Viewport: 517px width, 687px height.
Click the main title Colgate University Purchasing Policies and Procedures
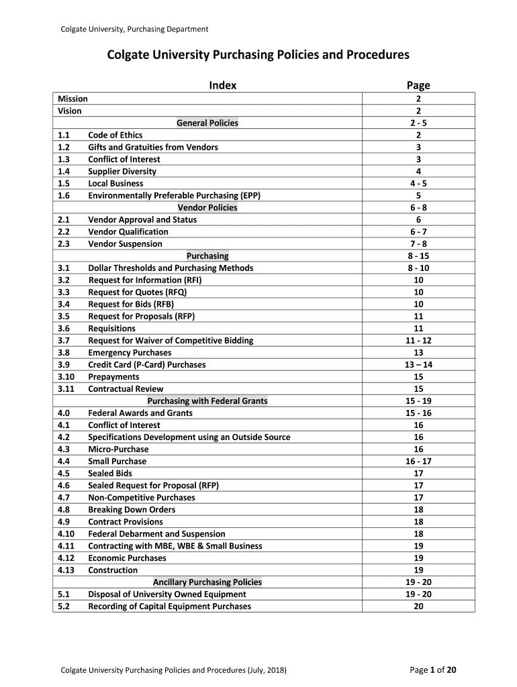tap(258, 55)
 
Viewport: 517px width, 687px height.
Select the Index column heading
tap(222, 85)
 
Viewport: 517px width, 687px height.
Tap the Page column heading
tap(418, 85)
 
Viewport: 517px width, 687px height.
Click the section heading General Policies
tap(207, 123)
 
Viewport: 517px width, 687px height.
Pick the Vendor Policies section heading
tap(207, 207)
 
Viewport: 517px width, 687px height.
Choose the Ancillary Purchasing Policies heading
tap(207, 582)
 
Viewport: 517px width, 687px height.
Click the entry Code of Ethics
tap(115, 135)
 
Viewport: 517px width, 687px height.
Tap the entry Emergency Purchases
tap(130, 352)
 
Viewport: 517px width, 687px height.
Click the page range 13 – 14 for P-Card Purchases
tap(418, 364)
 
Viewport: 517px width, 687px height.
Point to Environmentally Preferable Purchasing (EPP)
tap(174, 195)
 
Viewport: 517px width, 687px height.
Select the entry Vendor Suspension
tap(125, 244)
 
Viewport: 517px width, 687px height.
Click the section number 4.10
tap(66, 533)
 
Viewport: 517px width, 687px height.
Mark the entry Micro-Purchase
tap(118, 449)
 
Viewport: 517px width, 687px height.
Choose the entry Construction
tap(113, 570)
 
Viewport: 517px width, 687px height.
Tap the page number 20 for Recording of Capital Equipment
tap(418, 606)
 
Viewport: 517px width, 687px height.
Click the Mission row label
tap(73, 99)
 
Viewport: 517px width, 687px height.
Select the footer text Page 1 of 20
tap(433, 670)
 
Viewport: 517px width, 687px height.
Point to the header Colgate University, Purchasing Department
tap(134, 29)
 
